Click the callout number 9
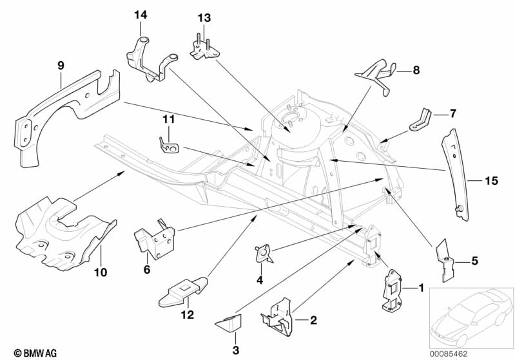[61, 64]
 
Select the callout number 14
[141, 14]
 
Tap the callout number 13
[204, 17]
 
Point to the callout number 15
[491, 182]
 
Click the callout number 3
[235, 350]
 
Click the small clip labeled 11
[168, 145]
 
